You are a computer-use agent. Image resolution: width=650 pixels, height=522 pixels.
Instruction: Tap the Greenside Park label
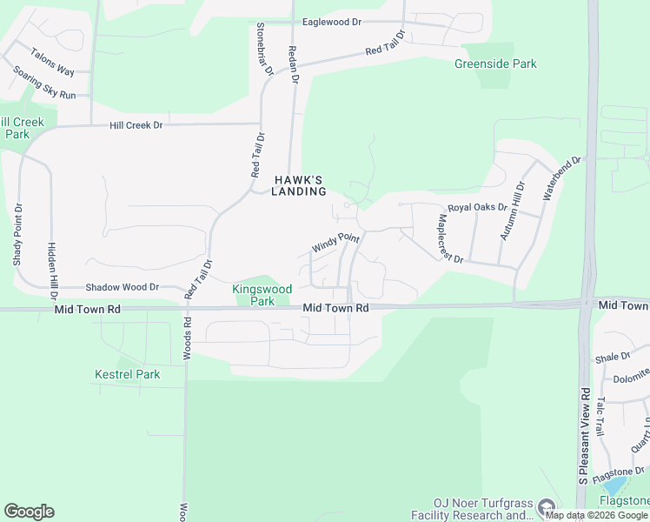(x=495, y=64)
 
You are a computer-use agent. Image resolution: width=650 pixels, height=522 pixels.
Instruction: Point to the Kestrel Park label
(x=128, y=374)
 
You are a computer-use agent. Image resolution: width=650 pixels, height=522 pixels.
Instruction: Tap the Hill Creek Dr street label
(x=136, y=125)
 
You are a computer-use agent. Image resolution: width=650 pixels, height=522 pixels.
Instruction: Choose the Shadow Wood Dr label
(x=123, y=287)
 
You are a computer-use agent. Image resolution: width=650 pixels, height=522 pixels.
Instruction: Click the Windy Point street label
(x=335, y=242)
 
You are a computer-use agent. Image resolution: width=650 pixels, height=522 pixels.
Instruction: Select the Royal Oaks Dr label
(x=477, y=207)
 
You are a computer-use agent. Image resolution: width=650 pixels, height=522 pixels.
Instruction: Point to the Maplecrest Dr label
(x=452, y=239)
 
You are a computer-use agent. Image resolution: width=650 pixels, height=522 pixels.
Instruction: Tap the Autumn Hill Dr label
(x=513, y=211)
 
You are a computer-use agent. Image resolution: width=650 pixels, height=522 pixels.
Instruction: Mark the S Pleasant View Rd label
(x=583, y=435)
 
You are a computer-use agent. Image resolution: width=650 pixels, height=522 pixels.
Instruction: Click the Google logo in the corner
(x=29, y=512)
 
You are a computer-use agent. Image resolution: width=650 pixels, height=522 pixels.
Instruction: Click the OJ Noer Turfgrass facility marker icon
(x=545, y=505)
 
